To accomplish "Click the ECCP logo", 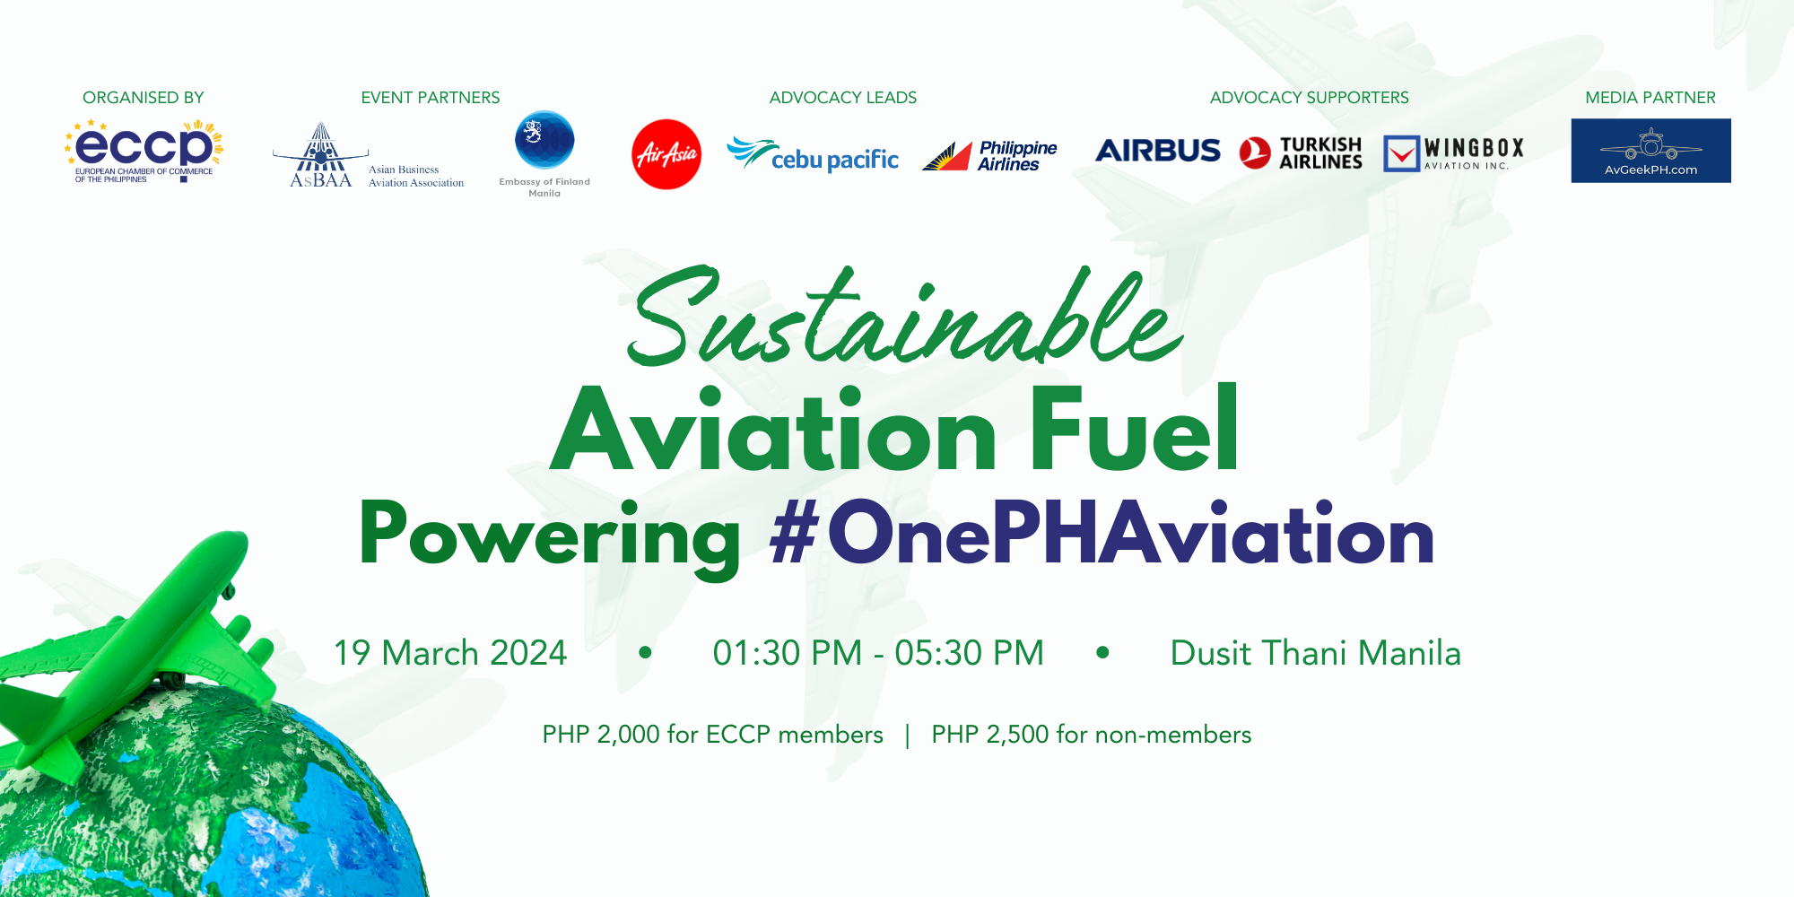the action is (x=144, y=151).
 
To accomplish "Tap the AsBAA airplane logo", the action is (x=320, y=154).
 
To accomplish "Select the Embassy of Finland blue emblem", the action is (x=544, y=140).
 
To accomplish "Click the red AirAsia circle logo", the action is (x=666, y=154).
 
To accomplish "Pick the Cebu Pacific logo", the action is (x=813, y=154).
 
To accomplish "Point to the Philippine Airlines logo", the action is (x=989, y=155).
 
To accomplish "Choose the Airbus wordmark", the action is (x=1158, y=151).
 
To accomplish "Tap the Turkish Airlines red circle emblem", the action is (x=1255, y=152).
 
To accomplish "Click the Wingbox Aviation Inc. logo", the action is (x=1453, y=152).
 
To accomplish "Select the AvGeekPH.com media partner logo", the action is (x=1650, y=151).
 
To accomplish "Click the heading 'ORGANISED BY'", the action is (x=144, y=98).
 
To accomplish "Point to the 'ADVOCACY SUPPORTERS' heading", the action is (x=1310, y=98).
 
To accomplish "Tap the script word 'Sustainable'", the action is (x=904, y=317).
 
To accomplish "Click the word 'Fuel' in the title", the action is (x=1135, y=428).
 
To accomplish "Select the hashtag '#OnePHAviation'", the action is (x=1102, y=534).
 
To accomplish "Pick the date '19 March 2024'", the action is (x=450, y=653).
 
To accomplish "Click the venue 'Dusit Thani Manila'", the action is (x=1316, y=653).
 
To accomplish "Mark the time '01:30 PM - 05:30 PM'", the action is (x=878, y=653).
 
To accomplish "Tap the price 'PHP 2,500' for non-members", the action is (x=990, y=735).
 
